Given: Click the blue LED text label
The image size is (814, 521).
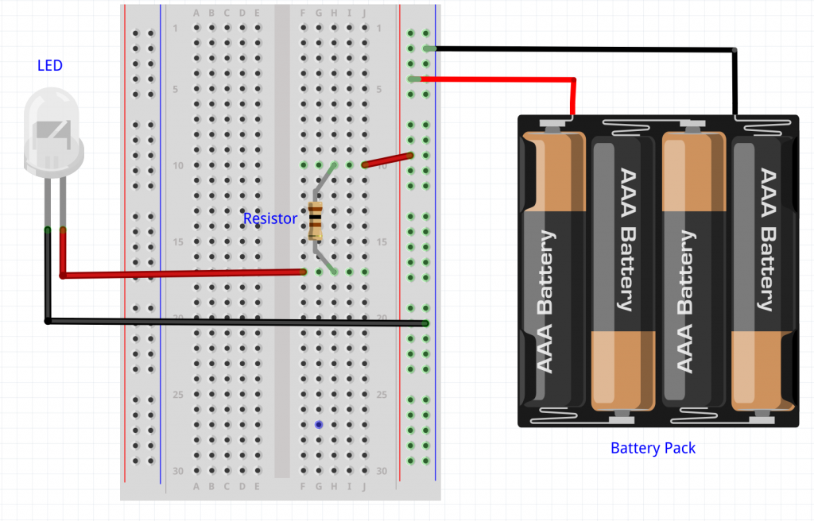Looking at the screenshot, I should click(x=49, y=65).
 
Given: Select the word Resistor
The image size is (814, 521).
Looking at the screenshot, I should click(x=270, y=218).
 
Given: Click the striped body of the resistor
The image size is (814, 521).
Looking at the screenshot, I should click(x=316, y=221).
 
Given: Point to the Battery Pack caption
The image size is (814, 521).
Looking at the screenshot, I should click(x=653, y=449).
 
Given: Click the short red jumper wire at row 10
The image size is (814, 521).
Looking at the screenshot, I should click(x=388, y=160).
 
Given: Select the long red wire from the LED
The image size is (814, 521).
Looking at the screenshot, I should click(x=183, y=273).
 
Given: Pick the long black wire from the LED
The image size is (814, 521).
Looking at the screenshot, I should click(x=238, y=322).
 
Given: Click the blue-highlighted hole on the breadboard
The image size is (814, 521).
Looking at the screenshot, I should click(x=319, y=425).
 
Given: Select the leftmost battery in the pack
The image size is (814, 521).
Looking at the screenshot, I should click(x=552, y=270).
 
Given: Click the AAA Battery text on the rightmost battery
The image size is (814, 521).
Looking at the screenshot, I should click(x=766, y=238).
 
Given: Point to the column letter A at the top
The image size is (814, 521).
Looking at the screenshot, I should click(x=196, y=13).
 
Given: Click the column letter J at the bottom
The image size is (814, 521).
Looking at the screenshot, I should click(x=364, y=486).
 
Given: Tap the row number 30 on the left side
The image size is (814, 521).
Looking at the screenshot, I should click(x=178, y=471).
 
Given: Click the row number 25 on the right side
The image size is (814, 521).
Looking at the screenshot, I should click(x=382, y=395).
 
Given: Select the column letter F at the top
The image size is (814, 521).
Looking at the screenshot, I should click(x=303, y=13).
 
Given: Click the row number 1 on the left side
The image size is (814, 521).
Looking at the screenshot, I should click(x=176, y=29).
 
